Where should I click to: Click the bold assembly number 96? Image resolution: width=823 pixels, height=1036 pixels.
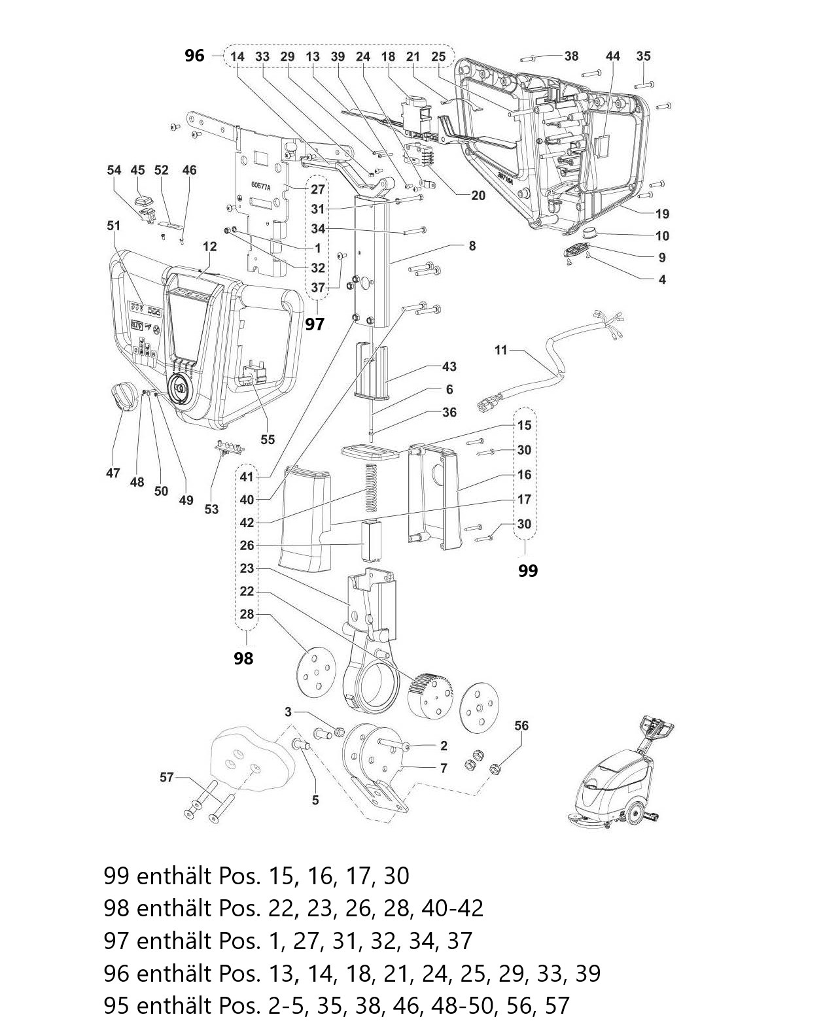click(x=194, y=56)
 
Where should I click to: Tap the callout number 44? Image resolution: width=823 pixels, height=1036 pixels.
click(x=612, y=56)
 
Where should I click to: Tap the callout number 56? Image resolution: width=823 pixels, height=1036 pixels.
click(x=521, y=725)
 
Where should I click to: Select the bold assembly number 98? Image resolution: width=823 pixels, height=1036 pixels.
click(x=243, y=658)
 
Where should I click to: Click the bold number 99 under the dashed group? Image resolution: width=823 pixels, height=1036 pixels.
click(x=527, y=570)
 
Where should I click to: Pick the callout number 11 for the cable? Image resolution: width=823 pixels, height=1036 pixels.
click(x=500, y=350)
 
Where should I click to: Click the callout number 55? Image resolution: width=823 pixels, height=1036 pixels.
click(x=268, y=440)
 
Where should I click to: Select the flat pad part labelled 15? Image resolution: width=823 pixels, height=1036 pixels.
click(x=370, y=452)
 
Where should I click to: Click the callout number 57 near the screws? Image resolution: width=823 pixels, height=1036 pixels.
click(x=167, y=777)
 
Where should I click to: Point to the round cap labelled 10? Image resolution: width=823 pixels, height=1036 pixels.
click(x=594, y=233)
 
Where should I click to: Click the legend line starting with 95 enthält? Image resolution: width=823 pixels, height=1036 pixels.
click(x=336, y=1005)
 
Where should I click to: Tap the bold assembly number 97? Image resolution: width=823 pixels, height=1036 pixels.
click(x=315, y=324)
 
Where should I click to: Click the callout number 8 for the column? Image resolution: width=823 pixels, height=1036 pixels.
click(x=472, y=246)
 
